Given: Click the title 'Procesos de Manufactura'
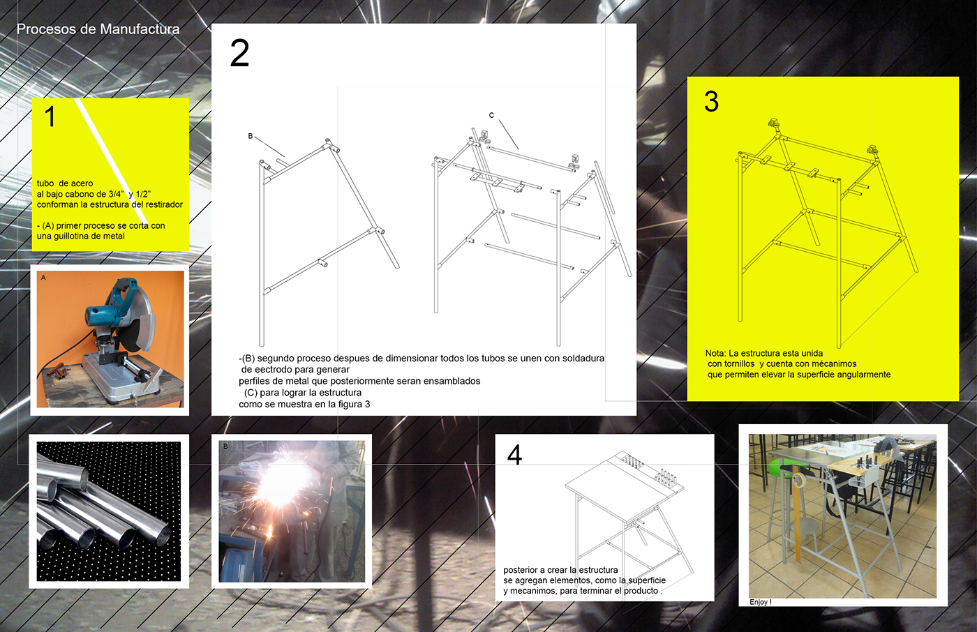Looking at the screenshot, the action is coord(98,29).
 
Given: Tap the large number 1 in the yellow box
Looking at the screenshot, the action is coord(50,116).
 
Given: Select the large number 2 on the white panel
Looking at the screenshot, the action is coord(239,53).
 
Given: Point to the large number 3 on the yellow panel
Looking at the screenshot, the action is coord(711,102).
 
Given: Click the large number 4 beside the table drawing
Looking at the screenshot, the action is coord(515,455).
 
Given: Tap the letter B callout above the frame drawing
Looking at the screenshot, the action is coord(251,136).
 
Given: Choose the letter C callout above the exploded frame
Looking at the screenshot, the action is coord(491,115).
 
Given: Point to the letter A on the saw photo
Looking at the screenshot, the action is coord(43,278).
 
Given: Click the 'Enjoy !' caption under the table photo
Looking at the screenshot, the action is coord(761,602).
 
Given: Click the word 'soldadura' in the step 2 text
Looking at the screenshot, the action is coord(583,359).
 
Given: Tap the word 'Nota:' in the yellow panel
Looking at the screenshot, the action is coord(716,353).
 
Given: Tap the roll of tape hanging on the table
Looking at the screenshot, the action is coord(799,481).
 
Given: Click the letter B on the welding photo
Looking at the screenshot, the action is coord(225,446).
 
